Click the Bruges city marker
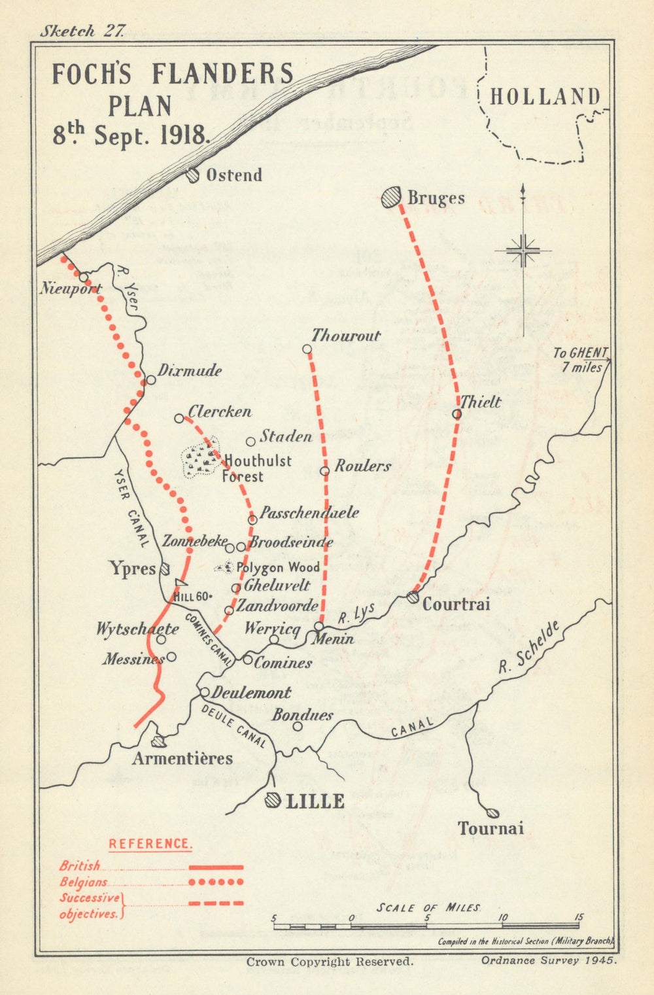(x=391, y=197)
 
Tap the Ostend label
(x=233, y=175)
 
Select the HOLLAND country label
(x=545, y=97)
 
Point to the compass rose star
(x=523, y=251)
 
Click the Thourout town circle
(x=307, y=349)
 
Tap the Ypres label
(x=132, y=568)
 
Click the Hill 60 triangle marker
(x=181, y=583)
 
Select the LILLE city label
(x=315, y=801)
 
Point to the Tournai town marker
(x=492, y=813)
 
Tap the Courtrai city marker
(x=412, y=597)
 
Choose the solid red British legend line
(x=216, y=867)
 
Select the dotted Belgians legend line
(x=216, y=882)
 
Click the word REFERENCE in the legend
(x=150, y=844)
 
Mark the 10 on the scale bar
(x=503, y=918)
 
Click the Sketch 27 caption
(x=77, y=31)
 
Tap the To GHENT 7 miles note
(x=580, y=360)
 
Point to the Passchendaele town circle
(x=252, y=519)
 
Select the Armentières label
(x=182, y=758)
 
